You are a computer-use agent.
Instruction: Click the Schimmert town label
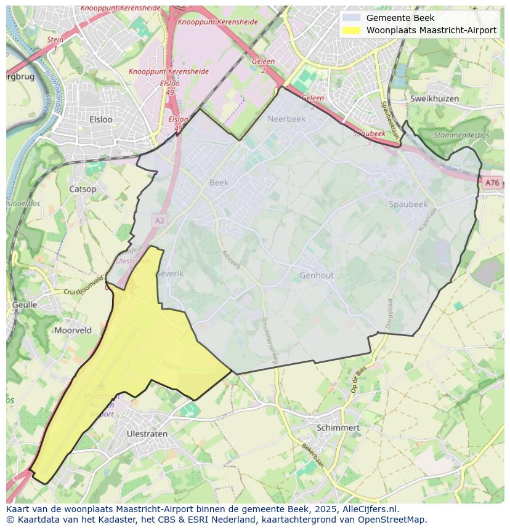tap(338, 427)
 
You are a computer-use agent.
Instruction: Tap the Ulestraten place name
tap(146, 433)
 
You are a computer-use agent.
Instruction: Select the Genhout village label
tap(317, 275)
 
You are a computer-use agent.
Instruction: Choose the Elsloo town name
tap(101, 119)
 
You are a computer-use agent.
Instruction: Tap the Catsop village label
tap(83, 189)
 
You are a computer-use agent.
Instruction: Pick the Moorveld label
tap(73, 330)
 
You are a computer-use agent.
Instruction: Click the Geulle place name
tap(25, 305)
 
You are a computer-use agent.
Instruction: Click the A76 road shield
tap(491, 183)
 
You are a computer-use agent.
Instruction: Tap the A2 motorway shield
tap(160, 220)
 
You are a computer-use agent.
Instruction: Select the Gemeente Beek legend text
tap(400, 18)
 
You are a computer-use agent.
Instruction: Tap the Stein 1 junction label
tap(55, 43)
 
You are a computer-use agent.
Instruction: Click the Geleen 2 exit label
tap(263, 65)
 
